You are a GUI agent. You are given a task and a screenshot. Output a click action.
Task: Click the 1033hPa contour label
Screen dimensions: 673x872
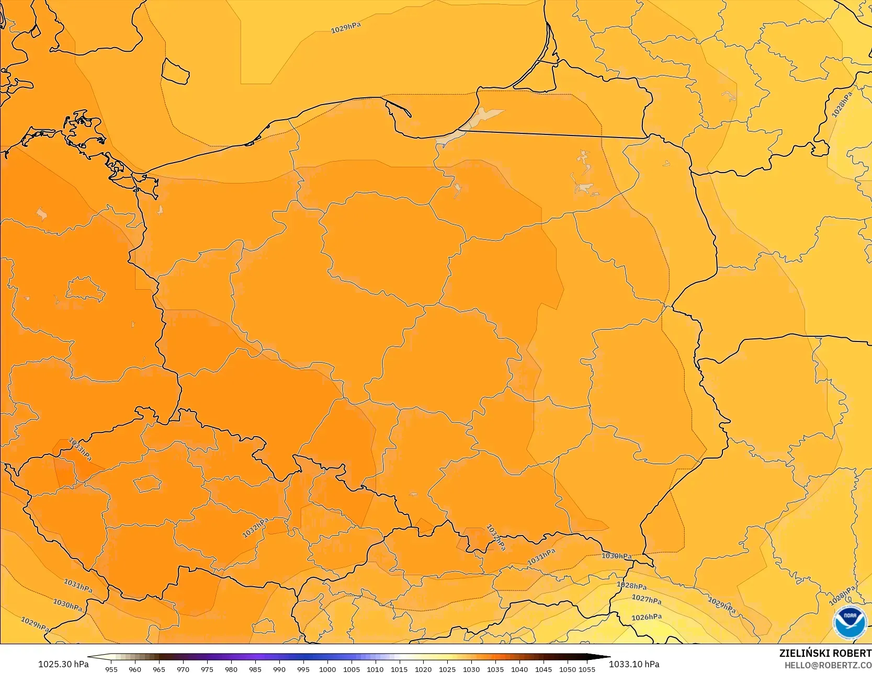pos(80,449)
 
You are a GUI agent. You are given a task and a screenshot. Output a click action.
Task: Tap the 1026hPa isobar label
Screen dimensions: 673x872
pos(647,617)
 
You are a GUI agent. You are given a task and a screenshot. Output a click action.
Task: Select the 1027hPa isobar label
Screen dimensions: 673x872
pos(647,599)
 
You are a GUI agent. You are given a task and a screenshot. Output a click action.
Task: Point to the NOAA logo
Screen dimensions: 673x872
pos(850,622)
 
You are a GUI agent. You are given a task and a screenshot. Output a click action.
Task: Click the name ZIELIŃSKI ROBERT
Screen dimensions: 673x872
pos(825,653)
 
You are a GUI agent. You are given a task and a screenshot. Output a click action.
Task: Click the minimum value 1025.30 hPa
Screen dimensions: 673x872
pos(63,664)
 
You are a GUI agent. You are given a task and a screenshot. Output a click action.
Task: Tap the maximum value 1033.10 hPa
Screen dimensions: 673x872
pos(634,664)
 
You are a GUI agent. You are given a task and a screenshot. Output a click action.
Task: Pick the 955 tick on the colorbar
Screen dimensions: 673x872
pos(111,669)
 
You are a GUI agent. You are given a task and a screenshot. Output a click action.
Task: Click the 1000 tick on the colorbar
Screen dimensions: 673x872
pos(327,669)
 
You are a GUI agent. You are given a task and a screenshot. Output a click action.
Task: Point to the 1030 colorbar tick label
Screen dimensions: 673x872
pos(471,669)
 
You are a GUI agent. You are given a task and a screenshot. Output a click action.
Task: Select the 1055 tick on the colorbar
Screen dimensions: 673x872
pos(587,669)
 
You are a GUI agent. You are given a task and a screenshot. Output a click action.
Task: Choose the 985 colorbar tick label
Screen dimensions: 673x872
pos(255,669)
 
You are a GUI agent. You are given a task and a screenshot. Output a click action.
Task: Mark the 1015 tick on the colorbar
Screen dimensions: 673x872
pos(399,669)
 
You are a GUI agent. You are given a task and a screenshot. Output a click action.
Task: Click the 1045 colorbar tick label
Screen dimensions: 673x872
pos(543,669)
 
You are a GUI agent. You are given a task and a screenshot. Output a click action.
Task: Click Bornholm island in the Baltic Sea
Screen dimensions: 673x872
pos(175,71)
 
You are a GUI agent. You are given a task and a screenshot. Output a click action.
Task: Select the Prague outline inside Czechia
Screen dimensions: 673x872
pos(147,483)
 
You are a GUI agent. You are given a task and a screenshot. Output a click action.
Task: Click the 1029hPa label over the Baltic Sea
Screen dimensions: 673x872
pos(346,28)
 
